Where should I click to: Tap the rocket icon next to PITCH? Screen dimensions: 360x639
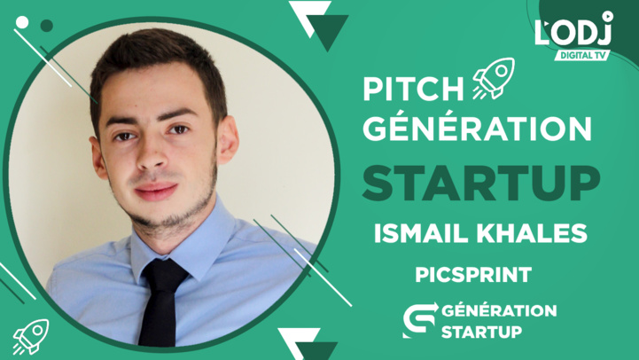(493, 78)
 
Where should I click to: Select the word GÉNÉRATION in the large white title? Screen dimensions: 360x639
(478, 129)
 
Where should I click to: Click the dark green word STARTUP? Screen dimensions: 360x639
(478, 183)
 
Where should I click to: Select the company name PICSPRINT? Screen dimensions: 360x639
(473, 275)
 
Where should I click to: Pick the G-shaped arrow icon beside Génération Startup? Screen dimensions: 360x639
(418, 321)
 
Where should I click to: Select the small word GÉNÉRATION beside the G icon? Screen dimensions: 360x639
(498, 310)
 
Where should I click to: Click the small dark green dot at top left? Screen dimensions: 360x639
(46, 26)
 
